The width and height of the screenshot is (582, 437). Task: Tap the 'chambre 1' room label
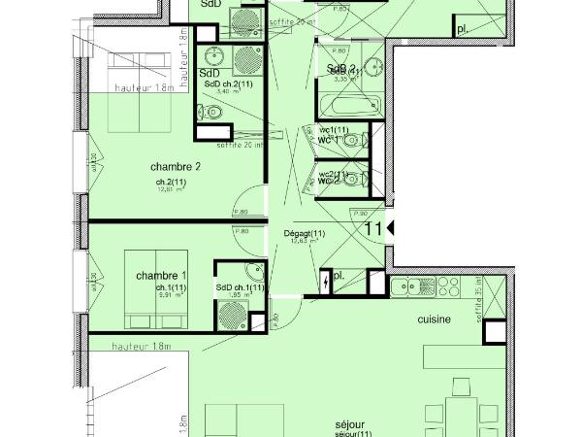coord(161,275)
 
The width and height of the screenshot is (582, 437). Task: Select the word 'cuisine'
coord(434,319)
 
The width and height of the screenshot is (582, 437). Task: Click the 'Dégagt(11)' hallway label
coord(305,234)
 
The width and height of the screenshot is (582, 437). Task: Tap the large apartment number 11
coord(372,229)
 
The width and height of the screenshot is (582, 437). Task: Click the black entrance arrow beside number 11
coord(390,228)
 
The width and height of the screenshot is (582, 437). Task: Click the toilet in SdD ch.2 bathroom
coord(215,114)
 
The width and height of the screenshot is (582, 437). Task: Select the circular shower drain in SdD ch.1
coord(233,313)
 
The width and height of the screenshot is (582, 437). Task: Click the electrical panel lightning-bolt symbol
coord(324,282)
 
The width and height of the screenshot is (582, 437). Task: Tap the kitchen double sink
coord(414,286)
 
